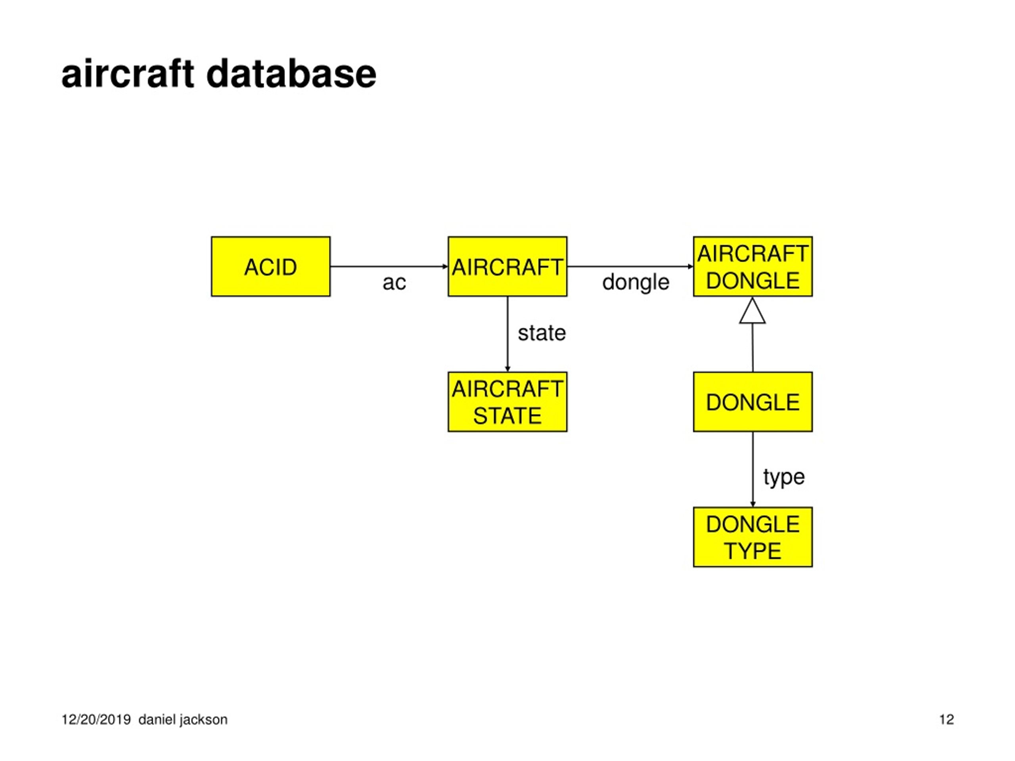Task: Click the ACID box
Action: pyautogui.click(x=271, y=266)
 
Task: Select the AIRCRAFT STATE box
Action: pyautogui.click(x=507, y=402)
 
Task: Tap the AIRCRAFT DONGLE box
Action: pyautogui.click(x=753, y=266)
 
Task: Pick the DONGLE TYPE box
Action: pyautogui.click(x=753, y=537)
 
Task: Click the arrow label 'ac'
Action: pyautogui.click(x=394, y=283)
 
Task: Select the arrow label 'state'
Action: pyautogui.click(x=542, y=333)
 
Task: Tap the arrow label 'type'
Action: pyautogui.click(x=784, y=478)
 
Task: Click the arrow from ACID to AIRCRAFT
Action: pyautogui.click(x=389, y=266)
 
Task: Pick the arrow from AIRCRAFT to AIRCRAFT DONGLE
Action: pyautogui.click(x=630, y=266)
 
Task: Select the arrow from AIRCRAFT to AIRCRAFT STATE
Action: pyautogui.click(x=507, y=334)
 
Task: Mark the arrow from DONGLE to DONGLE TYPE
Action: pyautogui.click(x=753, y=469)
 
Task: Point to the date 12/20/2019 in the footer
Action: pyautogui.click(x=96, y=719)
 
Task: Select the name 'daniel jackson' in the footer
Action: pyautogui.click(x=183, y=720)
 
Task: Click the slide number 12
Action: pyautogui.click(x=946, y=719)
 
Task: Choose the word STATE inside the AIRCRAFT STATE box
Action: pyautogui.click(x=507, y=416)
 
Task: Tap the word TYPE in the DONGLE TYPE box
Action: pyautogui.click(x=753, y=551)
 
